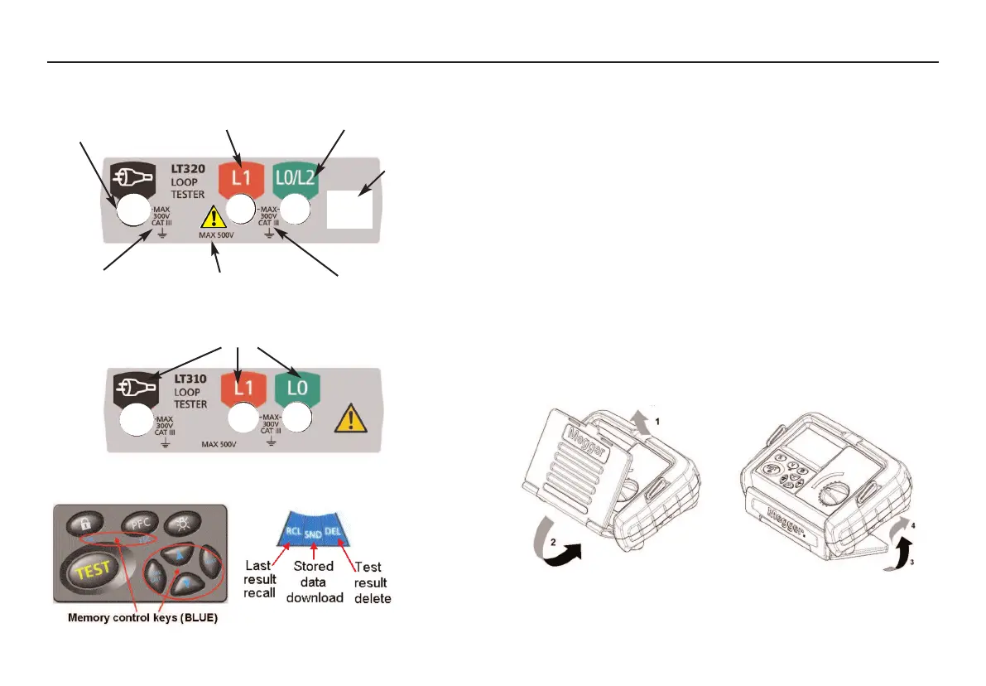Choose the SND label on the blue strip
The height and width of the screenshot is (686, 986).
point(313,536)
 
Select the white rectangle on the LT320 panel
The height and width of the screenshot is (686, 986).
point(351,207)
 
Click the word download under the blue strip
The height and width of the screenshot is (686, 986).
point(315,597)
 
